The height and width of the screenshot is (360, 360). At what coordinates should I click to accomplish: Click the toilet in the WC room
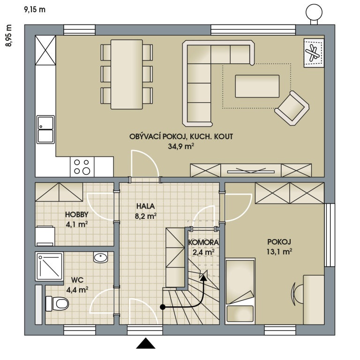57,303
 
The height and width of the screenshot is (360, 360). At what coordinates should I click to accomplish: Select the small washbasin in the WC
100,257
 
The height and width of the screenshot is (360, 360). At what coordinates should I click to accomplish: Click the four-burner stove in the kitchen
82,167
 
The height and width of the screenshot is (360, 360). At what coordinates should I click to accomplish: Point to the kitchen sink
46,129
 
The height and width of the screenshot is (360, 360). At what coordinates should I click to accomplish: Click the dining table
127,74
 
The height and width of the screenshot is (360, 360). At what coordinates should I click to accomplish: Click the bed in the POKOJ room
240,291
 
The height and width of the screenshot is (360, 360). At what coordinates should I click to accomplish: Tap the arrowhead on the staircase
203,276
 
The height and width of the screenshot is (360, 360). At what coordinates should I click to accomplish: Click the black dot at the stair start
163,307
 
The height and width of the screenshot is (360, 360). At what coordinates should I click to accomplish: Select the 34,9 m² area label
181,146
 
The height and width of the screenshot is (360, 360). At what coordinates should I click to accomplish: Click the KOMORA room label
202,243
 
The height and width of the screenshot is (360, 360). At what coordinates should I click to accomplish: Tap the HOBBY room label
77,215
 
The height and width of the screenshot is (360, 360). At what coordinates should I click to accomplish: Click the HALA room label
146,206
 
